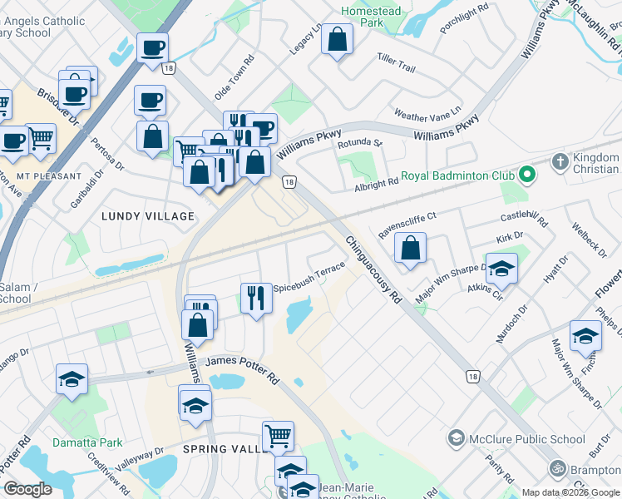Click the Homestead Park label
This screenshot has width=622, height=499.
coord(371,17)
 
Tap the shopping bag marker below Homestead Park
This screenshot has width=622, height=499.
coord(337,39)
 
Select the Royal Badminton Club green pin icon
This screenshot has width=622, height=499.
coord(526,175)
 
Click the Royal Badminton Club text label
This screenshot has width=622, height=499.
coord(458,175)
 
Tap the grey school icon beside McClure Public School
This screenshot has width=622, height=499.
coord(455,438)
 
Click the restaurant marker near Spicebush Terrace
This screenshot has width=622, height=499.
coord(256,297)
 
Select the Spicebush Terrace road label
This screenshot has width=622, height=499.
coord(315,271)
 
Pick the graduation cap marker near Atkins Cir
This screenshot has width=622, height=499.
coord(501,269)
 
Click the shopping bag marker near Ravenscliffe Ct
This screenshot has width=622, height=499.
coord(410,248)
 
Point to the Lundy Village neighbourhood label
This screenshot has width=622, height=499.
coord(147,216)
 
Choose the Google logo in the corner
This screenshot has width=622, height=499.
coord(27,489)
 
